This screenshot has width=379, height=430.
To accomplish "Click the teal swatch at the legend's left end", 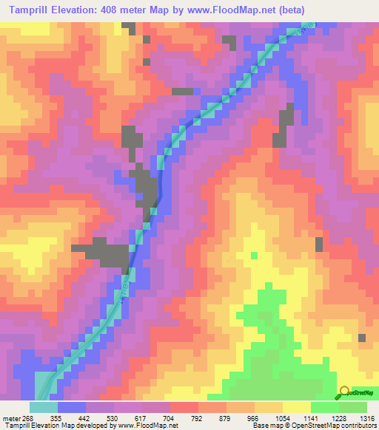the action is pos(44,407).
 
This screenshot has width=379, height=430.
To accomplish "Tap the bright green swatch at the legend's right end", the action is pos(353,407).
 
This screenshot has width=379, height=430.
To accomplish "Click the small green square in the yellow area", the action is pos(254,255).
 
